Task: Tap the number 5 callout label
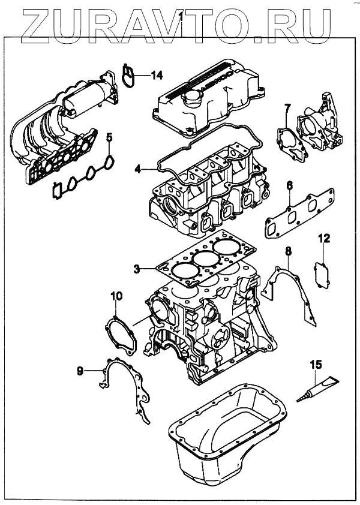pyautogui.click(x=109, y=139)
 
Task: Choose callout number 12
pyautogui.click(x=323, y=239)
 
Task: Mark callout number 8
pyautogui.click(x=288, y=250)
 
